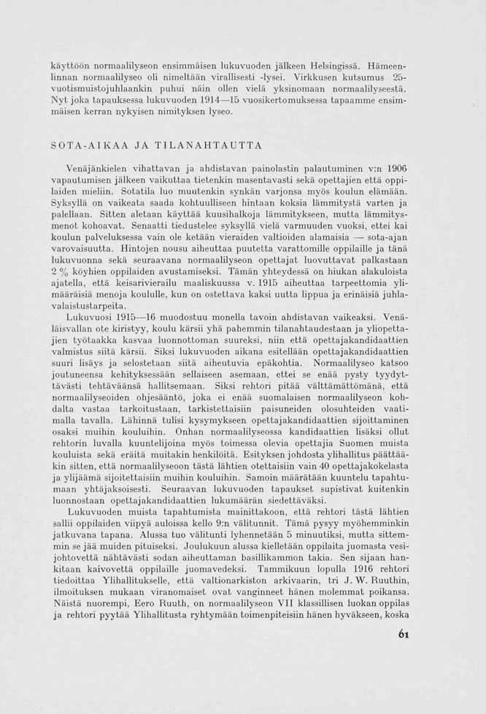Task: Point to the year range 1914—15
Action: click(208, 100)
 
